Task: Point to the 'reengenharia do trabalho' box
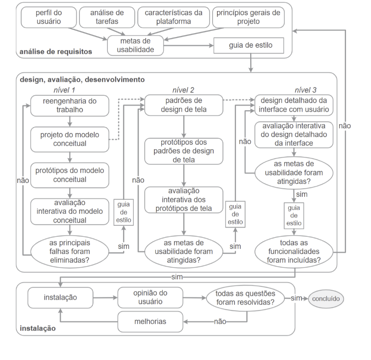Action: [x=69, y=105]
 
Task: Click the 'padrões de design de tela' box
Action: [x=183, y=105]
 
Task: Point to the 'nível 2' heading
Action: [x=183, y=90]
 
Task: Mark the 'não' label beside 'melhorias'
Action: [x=220, y=321]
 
